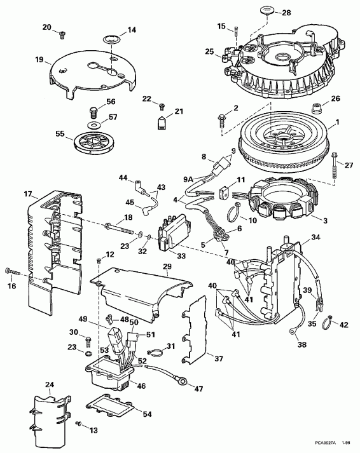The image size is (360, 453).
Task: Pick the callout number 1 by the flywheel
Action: click(338, 122)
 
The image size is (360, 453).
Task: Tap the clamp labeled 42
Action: click(329, 320)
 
